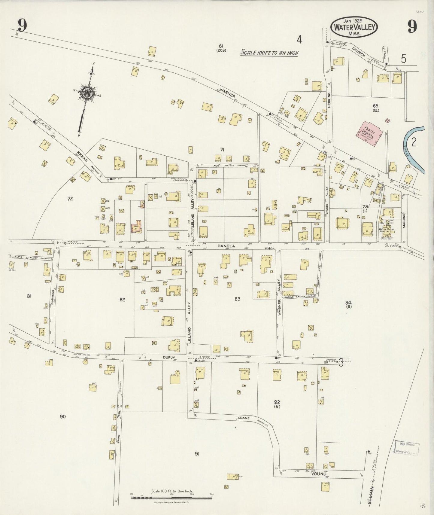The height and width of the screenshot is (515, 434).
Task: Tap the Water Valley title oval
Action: [x=354, y=27]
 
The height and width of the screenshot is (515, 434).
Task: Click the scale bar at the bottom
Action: [x=172, y=498]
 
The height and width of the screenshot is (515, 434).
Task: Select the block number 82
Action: [x=122, y=300]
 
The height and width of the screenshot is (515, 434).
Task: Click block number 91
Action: [x=197, y=454]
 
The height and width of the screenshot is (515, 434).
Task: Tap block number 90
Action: [x=62, y=416]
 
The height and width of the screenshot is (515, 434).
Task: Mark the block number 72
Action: [x=70, y=199]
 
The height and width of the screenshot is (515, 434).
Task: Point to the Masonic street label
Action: [x=404, y=220]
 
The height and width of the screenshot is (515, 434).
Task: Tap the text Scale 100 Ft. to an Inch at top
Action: [x=269, y=53]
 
